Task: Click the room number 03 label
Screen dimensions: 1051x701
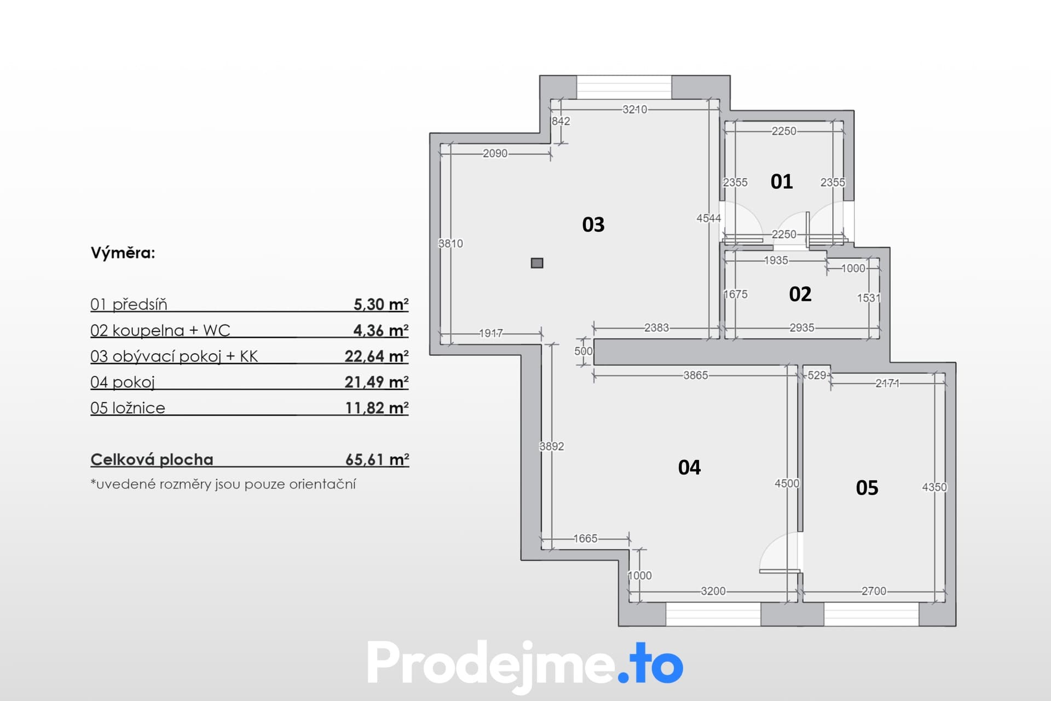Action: [x=593, y=225]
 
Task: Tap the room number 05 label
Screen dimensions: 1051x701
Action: [x=867, y=488]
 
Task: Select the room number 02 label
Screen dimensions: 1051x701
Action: [x=800, y=295]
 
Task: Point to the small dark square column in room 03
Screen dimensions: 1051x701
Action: [x=537, y=263]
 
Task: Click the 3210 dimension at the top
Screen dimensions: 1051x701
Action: [x=635, y=110]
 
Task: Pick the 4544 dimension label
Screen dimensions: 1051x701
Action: [x=709, y=218]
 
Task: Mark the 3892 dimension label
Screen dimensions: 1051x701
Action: [x=552, y=446]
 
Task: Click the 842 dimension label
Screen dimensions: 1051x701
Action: [x=561, y=121]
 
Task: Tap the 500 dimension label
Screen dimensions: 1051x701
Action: [x=584, y=351]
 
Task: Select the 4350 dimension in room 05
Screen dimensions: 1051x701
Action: [x=934, y=487]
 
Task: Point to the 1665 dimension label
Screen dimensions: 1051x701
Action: [x=586, y=538]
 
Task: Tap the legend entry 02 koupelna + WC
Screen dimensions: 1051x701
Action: [x=160, y=330]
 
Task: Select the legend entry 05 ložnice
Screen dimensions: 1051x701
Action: [x=128, y=408]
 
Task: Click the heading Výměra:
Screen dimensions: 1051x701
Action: [x=123, y=253]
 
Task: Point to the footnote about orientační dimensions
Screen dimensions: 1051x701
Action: [x=223, y=484]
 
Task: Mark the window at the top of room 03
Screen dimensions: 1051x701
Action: [x=624, y=87]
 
